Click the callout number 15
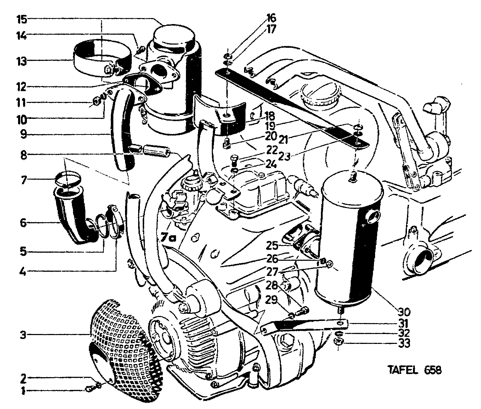pyautogui.click(x=22, y=19)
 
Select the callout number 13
pyautogui.click(x=22, y=61)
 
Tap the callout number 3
pyautogui.click(x=23, y=335)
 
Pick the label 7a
pyautogui.click(x=169, y=237)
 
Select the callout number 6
pyautogui.click(x=23, y=223)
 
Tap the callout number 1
pyautogui.click(x=23, y=391)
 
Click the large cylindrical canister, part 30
pyautogui.click(x=349, y=241)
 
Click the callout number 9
pyautogui.click(x=23, y=134)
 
